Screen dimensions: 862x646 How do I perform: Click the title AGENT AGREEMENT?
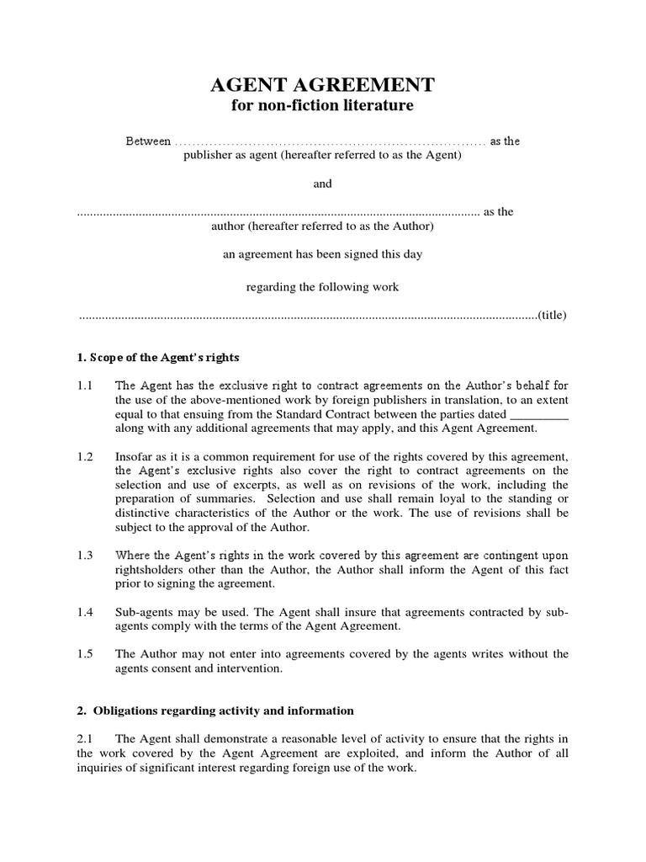[322, 84]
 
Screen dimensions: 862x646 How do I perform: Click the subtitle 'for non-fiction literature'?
[322, 106]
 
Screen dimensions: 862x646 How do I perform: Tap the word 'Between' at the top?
[149, 141]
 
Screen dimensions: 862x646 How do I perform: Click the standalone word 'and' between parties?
[323, 184]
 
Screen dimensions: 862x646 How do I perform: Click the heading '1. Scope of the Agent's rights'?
[158, 358]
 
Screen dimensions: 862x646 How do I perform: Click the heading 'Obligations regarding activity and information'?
[222, 710]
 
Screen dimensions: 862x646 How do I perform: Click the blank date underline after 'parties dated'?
[539, 414]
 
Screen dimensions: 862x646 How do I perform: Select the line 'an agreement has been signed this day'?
[322, 253]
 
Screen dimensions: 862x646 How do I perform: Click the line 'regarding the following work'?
[322, 287]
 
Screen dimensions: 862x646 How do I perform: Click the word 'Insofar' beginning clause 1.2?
[132, 457]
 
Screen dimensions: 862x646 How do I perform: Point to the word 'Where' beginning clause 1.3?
[131, 556]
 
